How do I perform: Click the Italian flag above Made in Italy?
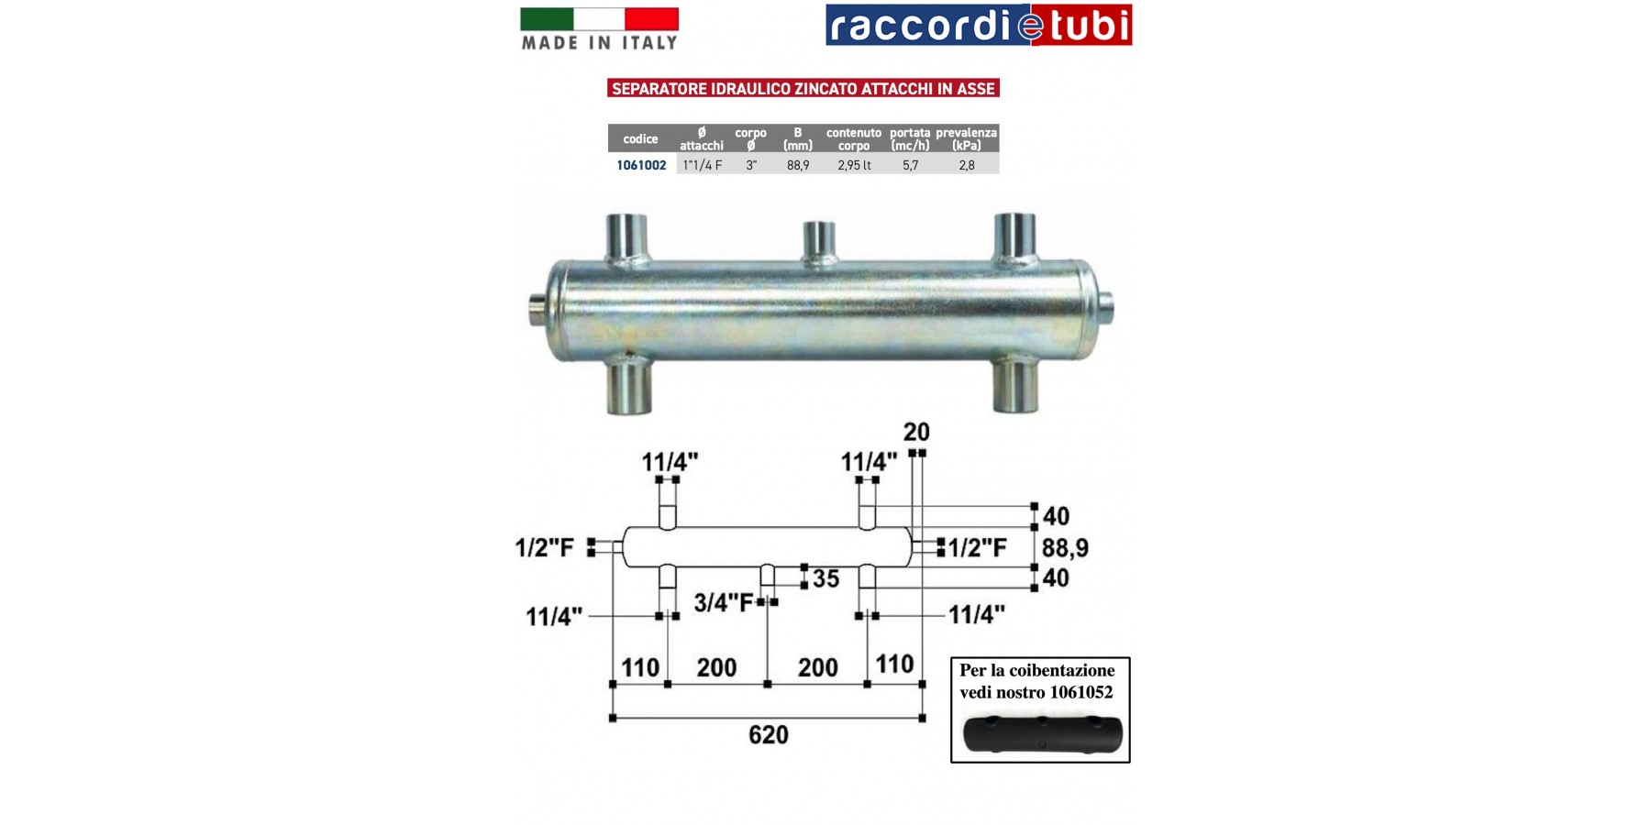coord(599,18)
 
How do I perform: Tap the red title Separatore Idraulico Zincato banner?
coord(803,88)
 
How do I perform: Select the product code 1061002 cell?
coord(641,165)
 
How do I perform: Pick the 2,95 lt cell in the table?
coord(854,165)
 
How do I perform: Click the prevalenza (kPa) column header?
coord(967,138)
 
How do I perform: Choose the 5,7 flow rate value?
coord(910,165)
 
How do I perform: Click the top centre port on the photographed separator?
coord(819,241)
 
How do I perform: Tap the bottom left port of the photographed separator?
coord(629,385)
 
